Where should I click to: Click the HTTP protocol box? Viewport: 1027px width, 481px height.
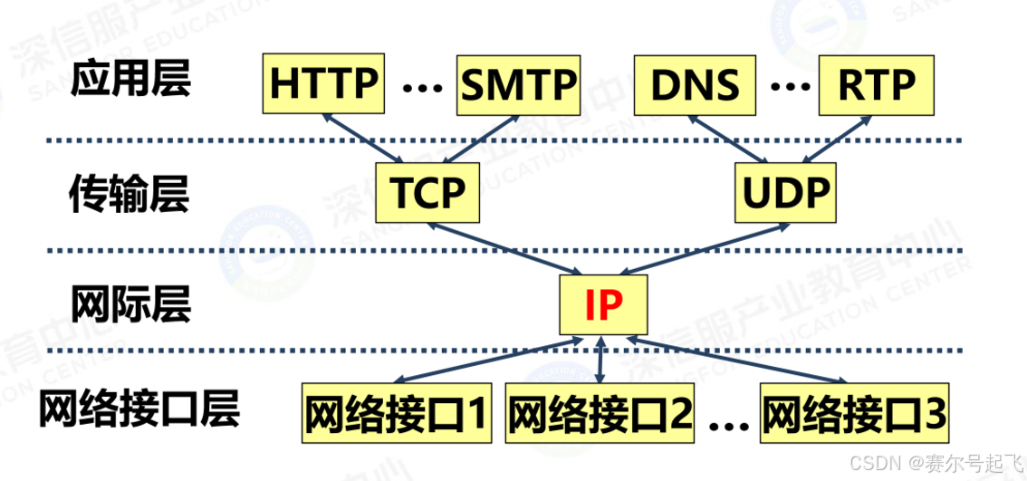pyautogui.click(x=323, y=84)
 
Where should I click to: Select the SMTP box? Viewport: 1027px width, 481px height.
pyautogui.click(x=518, y=84)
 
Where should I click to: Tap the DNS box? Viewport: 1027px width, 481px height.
pyautogui.click(x=696, y=84)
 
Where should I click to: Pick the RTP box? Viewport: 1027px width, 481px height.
pyautogui.click(x=876, y=84)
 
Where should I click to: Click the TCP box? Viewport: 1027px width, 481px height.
pyautogui.click(x=427, y=192)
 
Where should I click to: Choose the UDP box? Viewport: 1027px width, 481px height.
pyautogui.click(x=785, y=192)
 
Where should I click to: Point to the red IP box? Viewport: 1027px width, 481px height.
pyautogui.click(x=603, y=305)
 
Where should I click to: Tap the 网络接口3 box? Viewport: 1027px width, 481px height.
pyautogui.click(x=854, y=415)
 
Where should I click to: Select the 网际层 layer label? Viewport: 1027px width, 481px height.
pyautogui.click(x=130, y=303)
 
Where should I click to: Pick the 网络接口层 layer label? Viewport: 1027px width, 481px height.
pyautogui.click(x=139, y=409)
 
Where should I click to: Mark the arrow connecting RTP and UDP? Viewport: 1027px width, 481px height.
pyautogui.click(x=840, y=139)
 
